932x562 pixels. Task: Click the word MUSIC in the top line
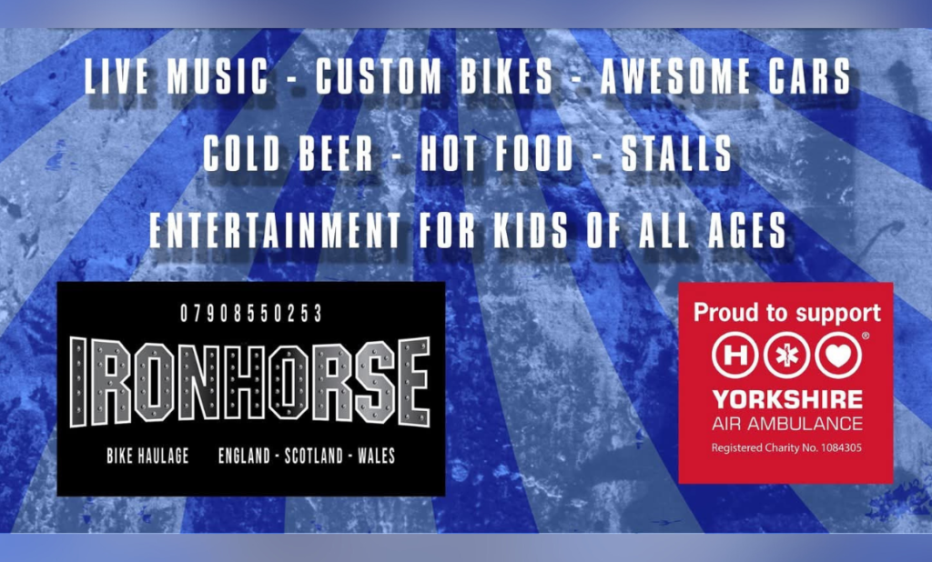click(x=218, y=76)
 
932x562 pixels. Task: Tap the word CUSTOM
click(x=378, y=76)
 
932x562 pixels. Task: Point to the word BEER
click(x=336, y=154)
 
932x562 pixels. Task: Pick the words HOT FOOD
click(x=497, y=154)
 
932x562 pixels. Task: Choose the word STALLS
click(x=676, y=154)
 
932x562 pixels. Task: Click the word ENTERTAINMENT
click(x=275, y=230)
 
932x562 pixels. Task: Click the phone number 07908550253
click(x=251, y=313)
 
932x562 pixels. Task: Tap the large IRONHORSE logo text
click(x=250, y=382)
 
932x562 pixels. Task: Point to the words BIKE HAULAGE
click(x=148, y=456)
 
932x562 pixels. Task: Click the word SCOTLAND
click(x=314, y=456)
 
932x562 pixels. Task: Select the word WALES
click(x=376, y=456)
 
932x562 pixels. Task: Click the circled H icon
click(x=735, y=355)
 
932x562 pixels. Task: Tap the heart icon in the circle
click(x=838, y=355)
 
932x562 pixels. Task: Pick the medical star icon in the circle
click(x=787, y=355)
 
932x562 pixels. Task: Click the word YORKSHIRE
click(x=787, y=399)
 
